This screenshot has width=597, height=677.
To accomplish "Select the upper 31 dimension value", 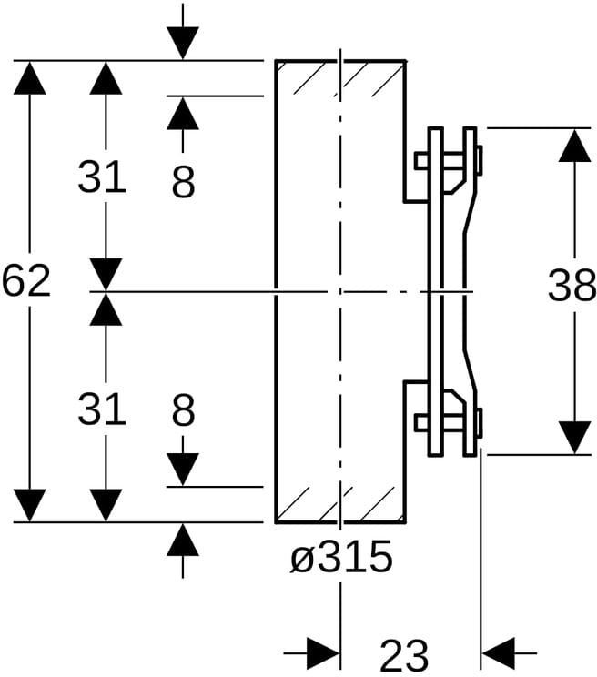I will click(101, 177).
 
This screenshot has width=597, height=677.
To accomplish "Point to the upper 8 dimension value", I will click(183, 183).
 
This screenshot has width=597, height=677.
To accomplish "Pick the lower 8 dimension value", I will click(183, 410).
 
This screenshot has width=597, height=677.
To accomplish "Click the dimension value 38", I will click(572, 288).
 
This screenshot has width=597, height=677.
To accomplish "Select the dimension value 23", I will click(404, 654).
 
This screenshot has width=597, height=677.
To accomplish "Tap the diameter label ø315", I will click(341, 557).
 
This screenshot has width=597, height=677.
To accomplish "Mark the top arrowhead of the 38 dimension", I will click(573, 146).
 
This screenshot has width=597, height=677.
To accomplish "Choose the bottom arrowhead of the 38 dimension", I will click(573, 437).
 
